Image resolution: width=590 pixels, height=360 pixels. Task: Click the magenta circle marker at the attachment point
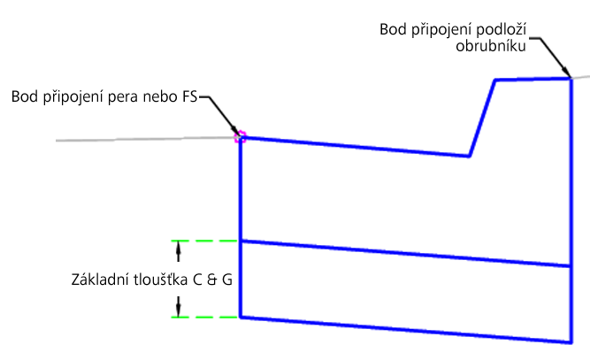[x=239, y=137]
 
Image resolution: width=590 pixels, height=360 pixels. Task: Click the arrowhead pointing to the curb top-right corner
[x=566, y=74]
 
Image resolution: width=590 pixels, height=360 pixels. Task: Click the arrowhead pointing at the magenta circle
[x=234, y=133]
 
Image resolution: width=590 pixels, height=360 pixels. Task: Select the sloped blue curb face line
[x=481, y=119]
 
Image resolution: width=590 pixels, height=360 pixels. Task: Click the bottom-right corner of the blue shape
[x=570, y=342]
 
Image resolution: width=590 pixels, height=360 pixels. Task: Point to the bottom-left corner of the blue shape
[x=241, y=317]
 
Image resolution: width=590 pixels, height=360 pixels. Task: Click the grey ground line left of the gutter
[x=142, y=139]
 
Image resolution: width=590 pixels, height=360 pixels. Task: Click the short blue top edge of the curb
[x=532, y=80]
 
